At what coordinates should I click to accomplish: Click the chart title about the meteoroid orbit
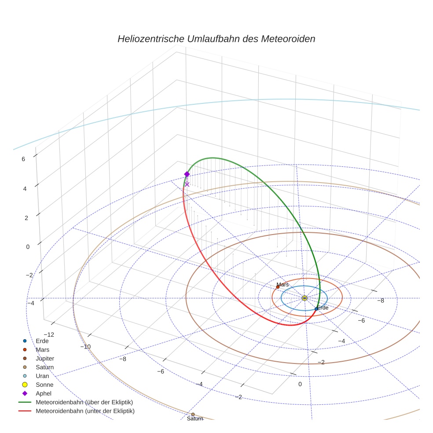click(x=216, y=39)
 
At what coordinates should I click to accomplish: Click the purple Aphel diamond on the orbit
click(x=187, y=174)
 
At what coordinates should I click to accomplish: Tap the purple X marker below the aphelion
click(x=187, y=184)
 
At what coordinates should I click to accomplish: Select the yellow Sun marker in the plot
click(x=305, y=298)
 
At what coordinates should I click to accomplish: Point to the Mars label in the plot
click(x=283, y=285)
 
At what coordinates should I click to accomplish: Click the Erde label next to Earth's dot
click(x=323, y=308)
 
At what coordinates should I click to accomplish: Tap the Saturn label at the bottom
click(x=195, y=418)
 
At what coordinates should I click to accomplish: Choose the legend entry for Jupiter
click(x=45, y=358)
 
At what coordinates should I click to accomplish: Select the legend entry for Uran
click(x=42, y=376)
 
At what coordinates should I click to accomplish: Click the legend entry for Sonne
click(x=44, y=385)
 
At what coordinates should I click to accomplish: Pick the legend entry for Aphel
click(x=44, y=393)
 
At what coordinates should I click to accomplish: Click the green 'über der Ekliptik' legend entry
click(x=84, y=402)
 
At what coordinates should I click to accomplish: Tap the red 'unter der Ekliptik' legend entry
click(x=85, y=411)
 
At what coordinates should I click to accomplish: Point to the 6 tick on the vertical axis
click(x=23, y=159)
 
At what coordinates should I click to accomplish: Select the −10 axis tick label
click(x=85, y=346)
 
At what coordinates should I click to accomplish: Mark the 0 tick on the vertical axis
click(x=28, y=246)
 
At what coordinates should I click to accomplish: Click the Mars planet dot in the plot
click(x=278, y=287)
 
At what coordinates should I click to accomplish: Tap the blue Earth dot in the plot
click(x=316, y=308)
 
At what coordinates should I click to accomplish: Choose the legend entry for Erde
click(x=42, y=341)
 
